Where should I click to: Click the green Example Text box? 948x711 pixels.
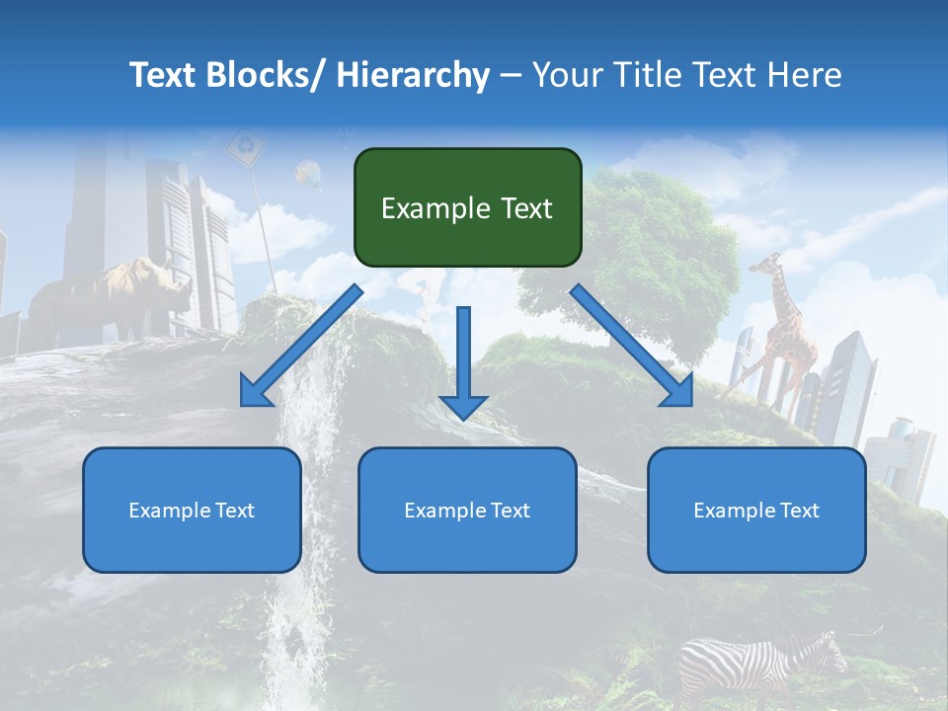(x=467, y=207)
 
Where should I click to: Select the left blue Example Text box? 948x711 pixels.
(x=192, y=510)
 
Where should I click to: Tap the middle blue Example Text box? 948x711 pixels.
(x=467, y=510)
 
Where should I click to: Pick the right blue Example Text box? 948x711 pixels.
(x=756, y=510)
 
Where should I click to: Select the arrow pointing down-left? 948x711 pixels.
(x=302, y=346)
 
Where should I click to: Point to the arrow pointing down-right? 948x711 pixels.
(x=632, y=346)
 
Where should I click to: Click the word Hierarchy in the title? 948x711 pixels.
(x=414, y=75)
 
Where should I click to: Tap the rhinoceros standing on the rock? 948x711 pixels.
(x=109, y=296)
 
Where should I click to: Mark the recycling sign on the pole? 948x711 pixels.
(x=245, y=149)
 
